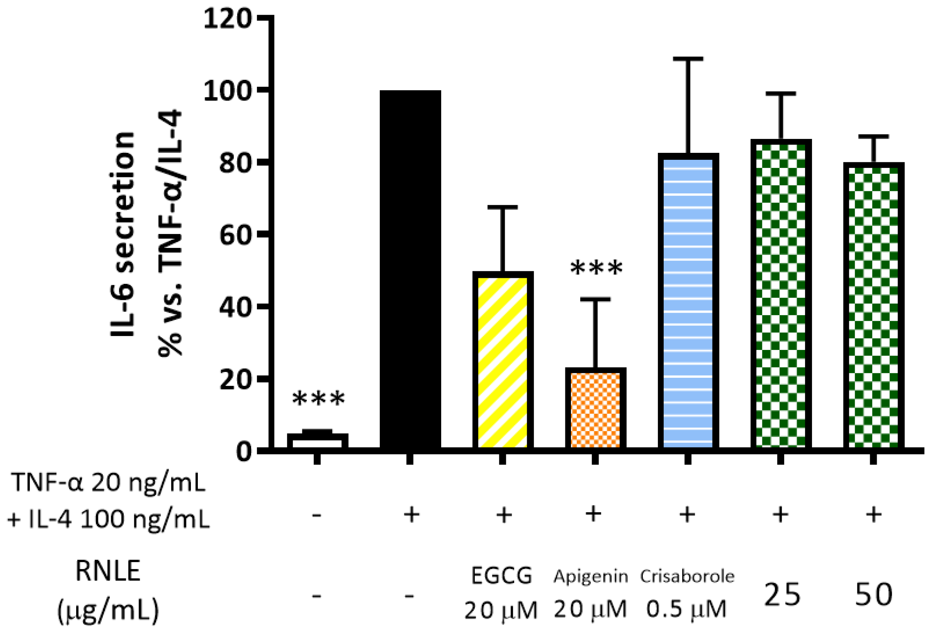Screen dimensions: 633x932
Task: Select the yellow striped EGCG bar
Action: point(502,361)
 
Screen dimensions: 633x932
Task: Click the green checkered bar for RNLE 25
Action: point(780,295)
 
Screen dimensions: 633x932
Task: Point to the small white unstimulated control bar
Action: point(317,441)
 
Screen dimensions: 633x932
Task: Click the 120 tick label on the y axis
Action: point(227,19)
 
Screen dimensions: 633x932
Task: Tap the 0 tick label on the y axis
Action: point(243,451)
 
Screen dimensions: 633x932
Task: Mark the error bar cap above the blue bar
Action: point(688,59)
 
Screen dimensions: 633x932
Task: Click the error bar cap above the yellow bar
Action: point(502,207)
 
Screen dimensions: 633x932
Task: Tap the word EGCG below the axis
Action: point(501,576)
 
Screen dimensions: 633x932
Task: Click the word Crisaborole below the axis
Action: point(687,576)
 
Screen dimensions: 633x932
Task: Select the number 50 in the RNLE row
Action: point(873,594)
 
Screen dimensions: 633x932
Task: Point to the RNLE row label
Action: point(108,572)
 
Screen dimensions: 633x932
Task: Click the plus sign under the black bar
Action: point(411,515)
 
